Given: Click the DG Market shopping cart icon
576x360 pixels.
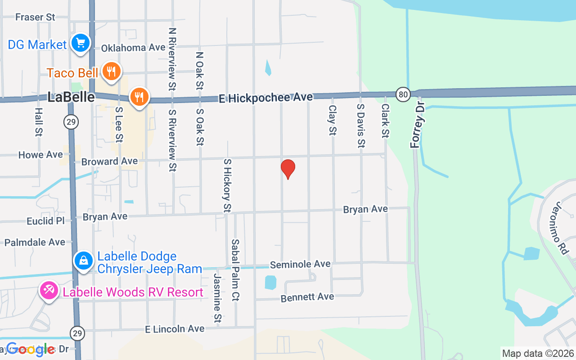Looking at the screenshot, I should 81,44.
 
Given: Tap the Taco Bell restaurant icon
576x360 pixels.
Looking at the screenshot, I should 111,72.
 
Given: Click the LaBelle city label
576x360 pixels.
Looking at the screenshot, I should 72,97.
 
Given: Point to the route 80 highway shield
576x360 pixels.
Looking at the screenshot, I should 403,94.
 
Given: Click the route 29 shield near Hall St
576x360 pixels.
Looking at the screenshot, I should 71,121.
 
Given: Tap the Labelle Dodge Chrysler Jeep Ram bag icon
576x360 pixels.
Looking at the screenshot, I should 84,261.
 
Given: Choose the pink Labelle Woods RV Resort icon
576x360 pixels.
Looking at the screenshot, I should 49,291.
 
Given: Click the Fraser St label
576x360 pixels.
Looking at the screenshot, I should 35,18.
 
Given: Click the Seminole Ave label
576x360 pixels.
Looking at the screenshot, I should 300,264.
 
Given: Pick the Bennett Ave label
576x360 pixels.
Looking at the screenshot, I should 307,297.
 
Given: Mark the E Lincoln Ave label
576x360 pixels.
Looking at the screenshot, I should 175,329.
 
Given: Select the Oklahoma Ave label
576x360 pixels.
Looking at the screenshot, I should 127,48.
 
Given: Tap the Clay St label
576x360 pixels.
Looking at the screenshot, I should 333,120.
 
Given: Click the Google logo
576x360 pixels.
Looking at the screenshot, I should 30,349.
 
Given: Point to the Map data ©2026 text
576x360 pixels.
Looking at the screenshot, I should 538,353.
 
